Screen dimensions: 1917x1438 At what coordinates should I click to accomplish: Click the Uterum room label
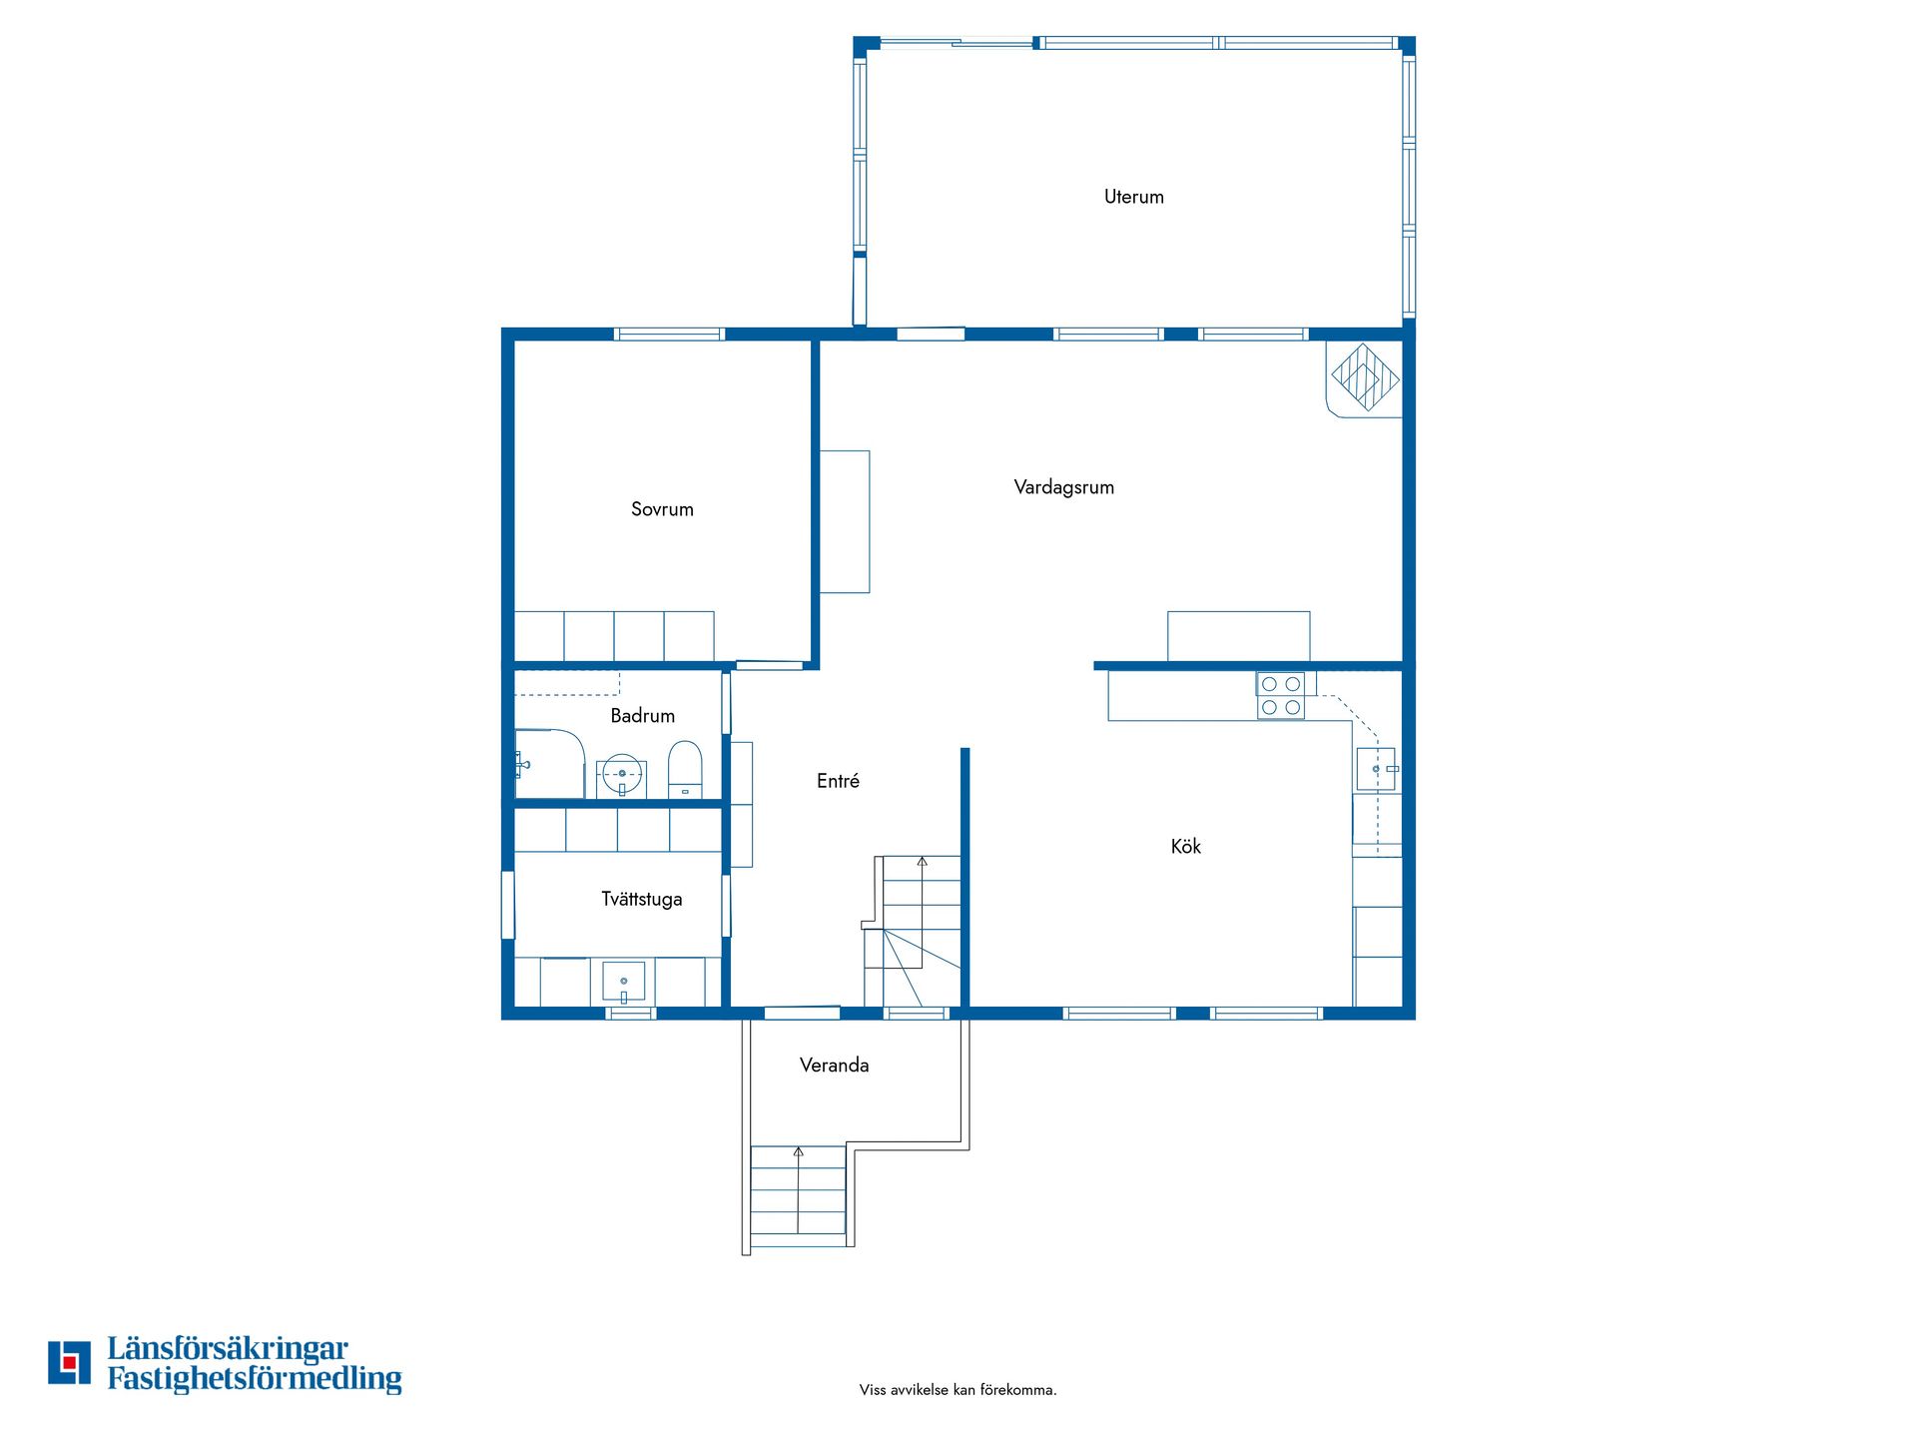pos(1133,197)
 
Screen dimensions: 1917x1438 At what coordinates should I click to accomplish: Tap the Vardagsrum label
pos(1063,487)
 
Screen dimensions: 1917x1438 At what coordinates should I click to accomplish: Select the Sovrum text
pos(662,509)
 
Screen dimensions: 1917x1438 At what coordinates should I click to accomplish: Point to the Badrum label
pos(642,715)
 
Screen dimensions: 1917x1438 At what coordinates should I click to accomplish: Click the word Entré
pos(838,781)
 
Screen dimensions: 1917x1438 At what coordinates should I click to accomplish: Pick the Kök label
pos(1186,846)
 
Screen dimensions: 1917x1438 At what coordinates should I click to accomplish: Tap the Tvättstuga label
pos(641,899)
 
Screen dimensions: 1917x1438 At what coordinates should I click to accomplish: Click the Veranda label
pos(834,1066)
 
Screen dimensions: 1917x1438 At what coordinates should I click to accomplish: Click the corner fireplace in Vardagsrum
pos(1364,378)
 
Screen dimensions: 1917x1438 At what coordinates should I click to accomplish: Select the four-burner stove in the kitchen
pos(1281,695)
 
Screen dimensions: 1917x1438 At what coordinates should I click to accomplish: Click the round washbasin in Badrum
pos(622,774)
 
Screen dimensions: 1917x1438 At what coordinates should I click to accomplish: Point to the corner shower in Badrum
pos(549,764)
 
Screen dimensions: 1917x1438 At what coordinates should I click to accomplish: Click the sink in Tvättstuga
pos(624,982)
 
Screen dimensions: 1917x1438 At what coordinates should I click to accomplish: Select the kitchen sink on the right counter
pos(1377,769)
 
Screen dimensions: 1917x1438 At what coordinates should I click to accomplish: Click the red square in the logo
pos(69,1361)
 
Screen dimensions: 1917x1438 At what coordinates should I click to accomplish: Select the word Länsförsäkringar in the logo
pos(228,1349)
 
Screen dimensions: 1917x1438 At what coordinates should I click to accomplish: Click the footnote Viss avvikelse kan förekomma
pos(958,1390)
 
